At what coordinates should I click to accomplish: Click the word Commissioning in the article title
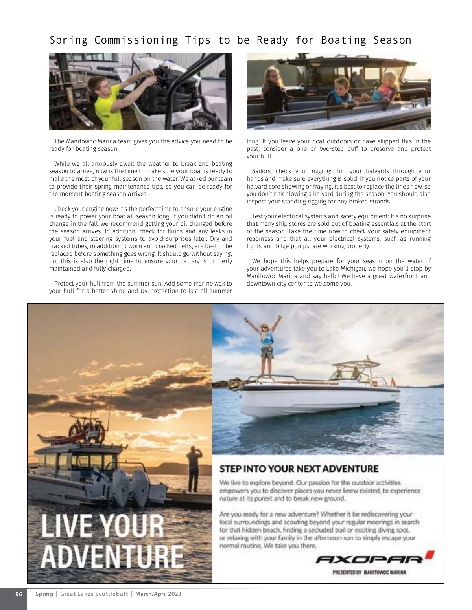136,40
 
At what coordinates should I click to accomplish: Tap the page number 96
18,594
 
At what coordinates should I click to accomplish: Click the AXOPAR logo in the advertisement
370,559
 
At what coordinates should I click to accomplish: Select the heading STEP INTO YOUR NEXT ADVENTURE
299,469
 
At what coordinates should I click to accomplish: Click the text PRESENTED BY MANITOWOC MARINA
369,572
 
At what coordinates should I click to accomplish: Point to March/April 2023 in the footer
158,594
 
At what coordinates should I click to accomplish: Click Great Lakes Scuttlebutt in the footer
94,594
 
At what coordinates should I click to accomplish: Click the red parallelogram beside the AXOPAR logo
430,555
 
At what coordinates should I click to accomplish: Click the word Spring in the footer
44,594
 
